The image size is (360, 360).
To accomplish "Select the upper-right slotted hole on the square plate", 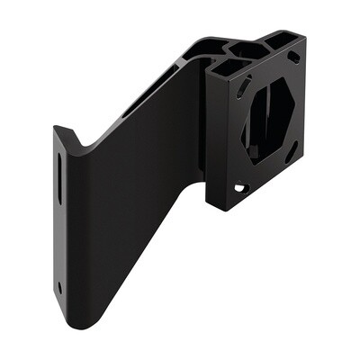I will [293, 57].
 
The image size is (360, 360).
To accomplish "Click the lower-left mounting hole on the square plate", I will [239, 188].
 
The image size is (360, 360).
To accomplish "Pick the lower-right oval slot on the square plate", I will [292, 153].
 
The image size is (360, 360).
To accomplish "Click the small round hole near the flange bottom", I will [59, 288].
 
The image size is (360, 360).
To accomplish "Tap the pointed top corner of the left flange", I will [56, 128].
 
